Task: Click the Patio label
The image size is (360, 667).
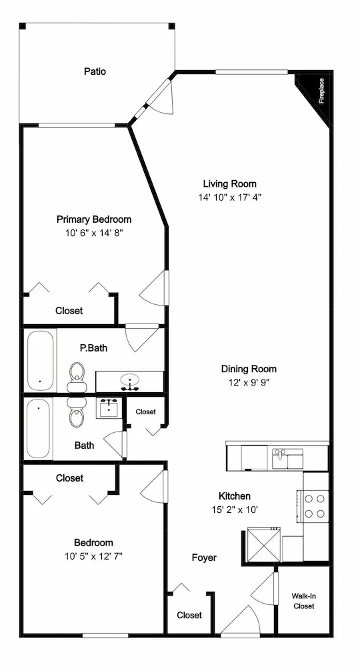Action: (95, 71)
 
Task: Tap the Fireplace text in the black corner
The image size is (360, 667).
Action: (322, 91)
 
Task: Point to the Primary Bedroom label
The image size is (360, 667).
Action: (94, 219)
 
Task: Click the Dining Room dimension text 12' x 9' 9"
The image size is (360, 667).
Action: (249, 382)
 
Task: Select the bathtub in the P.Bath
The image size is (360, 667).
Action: (41, 361)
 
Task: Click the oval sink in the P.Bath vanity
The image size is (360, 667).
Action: (129, 381)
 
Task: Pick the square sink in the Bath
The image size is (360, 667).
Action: (110, 408)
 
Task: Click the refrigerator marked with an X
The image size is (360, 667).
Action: (264, 544)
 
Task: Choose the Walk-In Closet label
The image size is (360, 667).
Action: (303, 601)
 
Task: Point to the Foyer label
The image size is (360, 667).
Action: (204, 558)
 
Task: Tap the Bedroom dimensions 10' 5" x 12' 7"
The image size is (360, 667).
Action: (94, 556)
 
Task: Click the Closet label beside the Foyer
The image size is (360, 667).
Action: (189, 615)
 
